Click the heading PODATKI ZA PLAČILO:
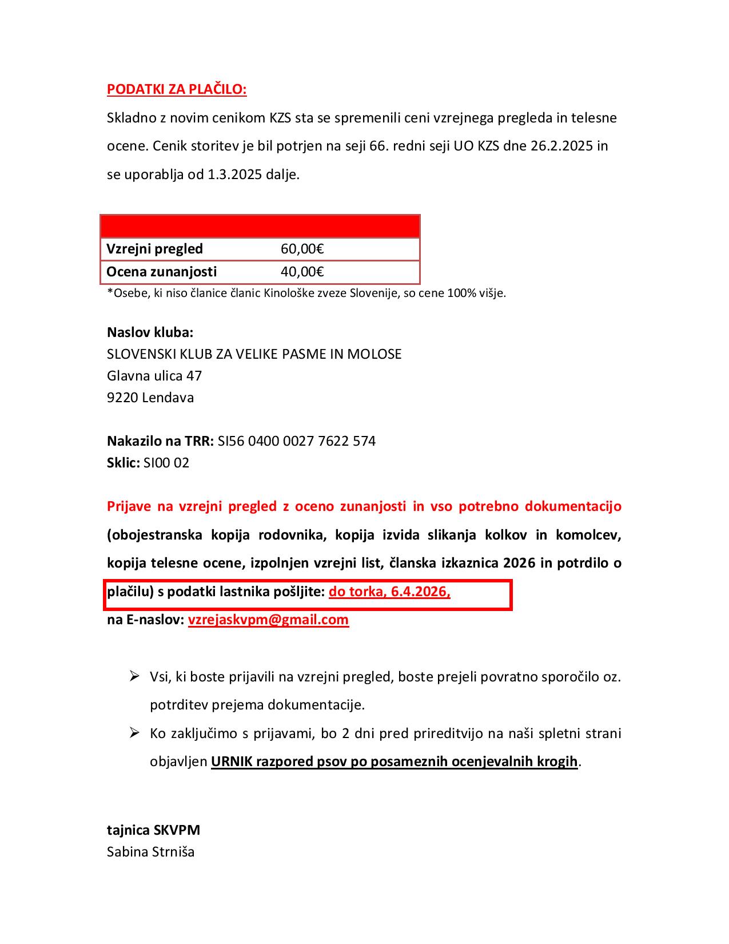(177, 90)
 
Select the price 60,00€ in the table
(302, 249)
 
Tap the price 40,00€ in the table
(302, 272)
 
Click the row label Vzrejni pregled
(155, 249)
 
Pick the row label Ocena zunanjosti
(162, 272)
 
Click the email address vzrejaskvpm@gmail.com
(268, 620)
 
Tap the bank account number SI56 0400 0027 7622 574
(297, 441)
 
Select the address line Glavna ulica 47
(154, 376)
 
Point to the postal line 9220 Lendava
(150, 398)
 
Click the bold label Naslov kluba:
(150, 332)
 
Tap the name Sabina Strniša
(151, 852)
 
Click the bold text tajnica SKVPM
(154, 830)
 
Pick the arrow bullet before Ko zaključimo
(135, 733)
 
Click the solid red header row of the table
(260, 227)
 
